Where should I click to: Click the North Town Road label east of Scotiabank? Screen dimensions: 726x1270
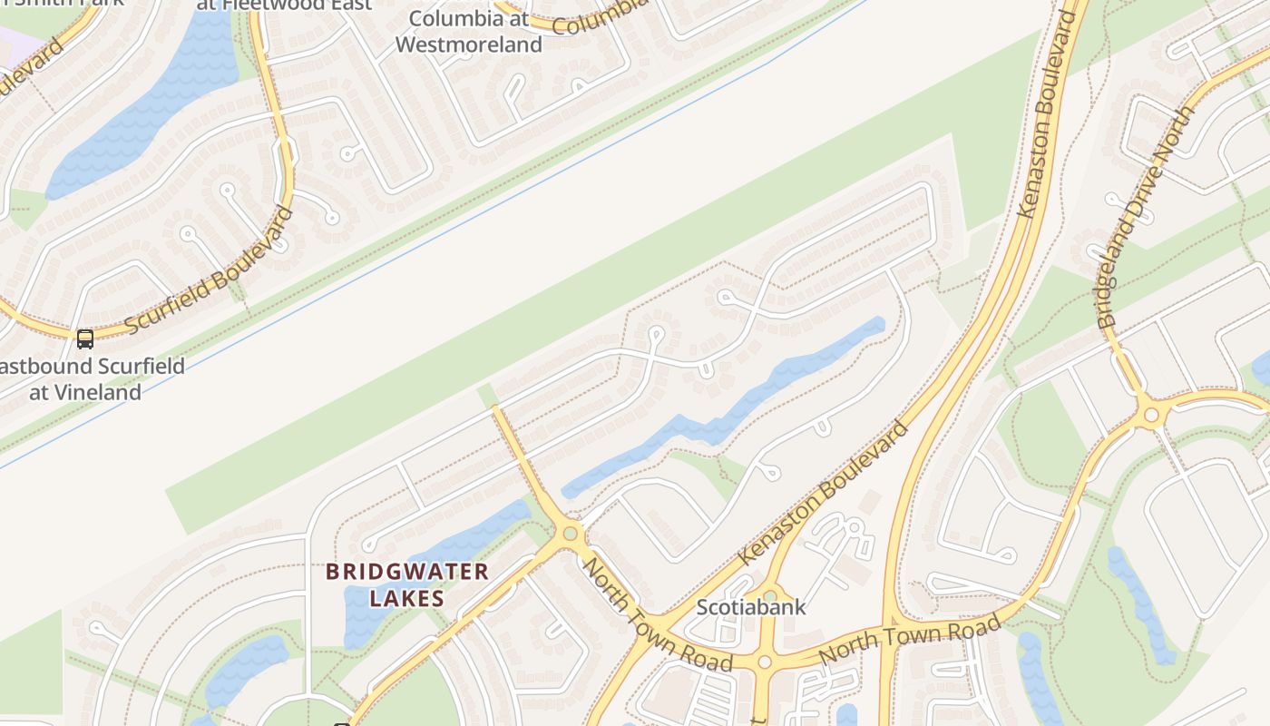click(x=909, y=639)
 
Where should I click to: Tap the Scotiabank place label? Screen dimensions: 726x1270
click(x=750, y=607)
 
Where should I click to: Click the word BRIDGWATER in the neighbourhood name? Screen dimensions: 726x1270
click(x=407, y=572)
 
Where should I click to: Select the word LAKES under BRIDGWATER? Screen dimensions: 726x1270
click(x=407, y=598)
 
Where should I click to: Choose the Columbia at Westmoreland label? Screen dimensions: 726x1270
click(x=468, y=32)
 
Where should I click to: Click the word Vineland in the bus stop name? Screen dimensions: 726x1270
click(x=85, y=393)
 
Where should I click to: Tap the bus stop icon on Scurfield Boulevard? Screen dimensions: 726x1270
click(x=85, y=339)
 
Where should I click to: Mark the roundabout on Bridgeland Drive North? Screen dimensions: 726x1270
click(x=1151, y=415)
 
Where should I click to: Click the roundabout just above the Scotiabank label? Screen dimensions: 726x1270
click(x=769, y=595)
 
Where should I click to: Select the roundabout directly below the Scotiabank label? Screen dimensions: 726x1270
click(x=764, y=662)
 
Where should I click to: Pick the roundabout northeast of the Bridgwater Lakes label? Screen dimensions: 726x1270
click(x=570, y=534)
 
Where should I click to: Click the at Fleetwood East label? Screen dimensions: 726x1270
click(x=284, y=5)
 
